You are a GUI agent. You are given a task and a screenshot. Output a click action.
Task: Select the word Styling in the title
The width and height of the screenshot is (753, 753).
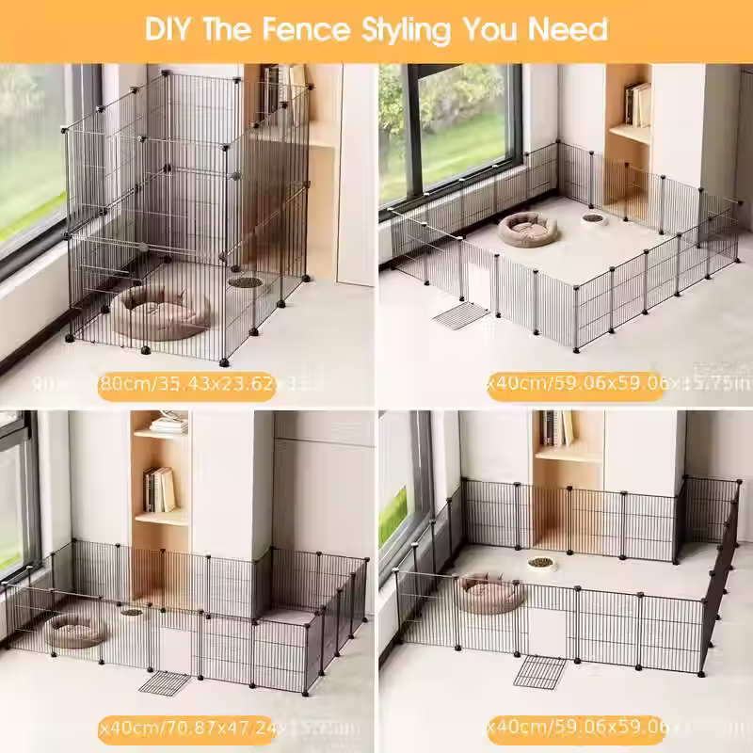click(409, 30)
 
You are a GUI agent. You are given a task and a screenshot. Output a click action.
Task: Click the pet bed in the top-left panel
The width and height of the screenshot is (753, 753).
click(164, 312)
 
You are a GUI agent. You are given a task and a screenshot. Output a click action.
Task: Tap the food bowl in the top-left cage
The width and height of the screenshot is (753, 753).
click(242, 280)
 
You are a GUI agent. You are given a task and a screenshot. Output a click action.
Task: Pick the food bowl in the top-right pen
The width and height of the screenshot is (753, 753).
click(593, 218)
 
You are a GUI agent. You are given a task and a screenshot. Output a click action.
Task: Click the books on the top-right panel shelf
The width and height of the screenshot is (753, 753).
click(638, 104)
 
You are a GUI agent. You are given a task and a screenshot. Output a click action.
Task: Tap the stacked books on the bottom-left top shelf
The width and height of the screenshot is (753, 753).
click(168, 425)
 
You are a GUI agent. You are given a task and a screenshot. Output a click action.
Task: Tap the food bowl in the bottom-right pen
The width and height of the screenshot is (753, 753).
click(540, 563)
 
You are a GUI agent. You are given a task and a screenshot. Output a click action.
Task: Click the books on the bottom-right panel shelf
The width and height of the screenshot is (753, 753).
click(556, 427)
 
